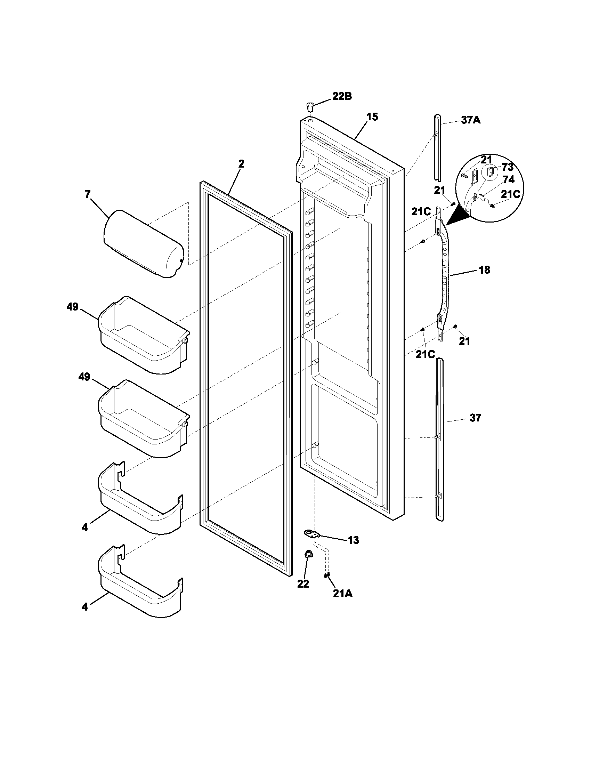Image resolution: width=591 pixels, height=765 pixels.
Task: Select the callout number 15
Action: point(372,117)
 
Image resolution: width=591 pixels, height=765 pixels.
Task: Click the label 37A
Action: point(471,121)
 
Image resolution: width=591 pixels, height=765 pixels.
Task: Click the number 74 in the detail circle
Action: point(508,180)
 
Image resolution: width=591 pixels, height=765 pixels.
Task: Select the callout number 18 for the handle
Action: point(484,270)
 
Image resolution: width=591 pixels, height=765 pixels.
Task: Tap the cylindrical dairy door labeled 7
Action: point(144,244)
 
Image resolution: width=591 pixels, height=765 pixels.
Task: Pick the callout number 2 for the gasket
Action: point(241,163)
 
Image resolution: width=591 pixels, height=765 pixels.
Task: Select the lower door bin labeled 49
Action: point(144,419)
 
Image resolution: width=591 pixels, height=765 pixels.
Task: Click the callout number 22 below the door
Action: point(303,583)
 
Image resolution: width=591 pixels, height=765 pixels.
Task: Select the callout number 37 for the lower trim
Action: point(475,418)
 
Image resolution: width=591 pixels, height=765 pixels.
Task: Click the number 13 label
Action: point(353,540)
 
